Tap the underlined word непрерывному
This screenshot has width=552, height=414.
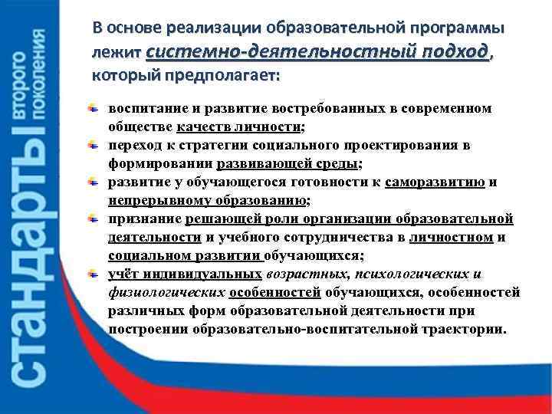[x=153, y=200]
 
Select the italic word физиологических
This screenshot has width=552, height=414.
[x=166, y=293]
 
